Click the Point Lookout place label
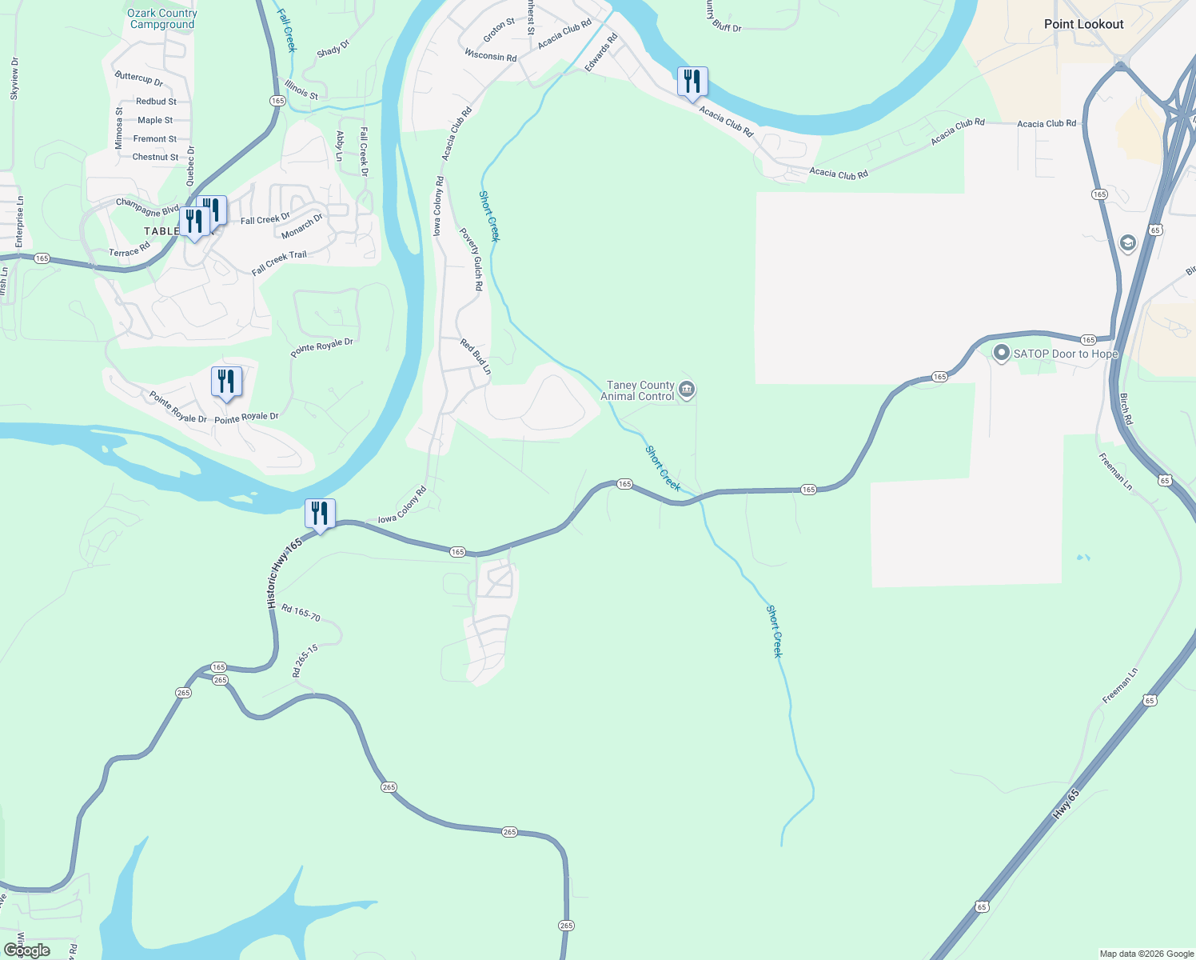[1083, 24]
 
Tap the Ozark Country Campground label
[162, 18]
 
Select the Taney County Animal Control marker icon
[686, 390]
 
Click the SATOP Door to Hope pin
[1001, 353]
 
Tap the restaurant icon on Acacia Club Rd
[692, 82]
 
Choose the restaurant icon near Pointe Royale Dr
[226, 382]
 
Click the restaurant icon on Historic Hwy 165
[320, 514]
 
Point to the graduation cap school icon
[1128, 242]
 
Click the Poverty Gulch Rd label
[471, 259]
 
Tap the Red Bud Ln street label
[476, 357]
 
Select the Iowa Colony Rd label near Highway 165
[402, 506]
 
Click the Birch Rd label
[1126, 409]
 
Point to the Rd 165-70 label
[301, 614]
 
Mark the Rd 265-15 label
[305, 661]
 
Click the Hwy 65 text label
[1066, 804]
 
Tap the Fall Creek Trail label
[279, 262]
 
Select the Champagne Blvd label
[147, 207]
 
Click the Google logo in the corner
[27, 950]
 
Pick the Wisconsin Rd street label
[490, 56]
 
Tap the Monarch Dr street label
[302, 226]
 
